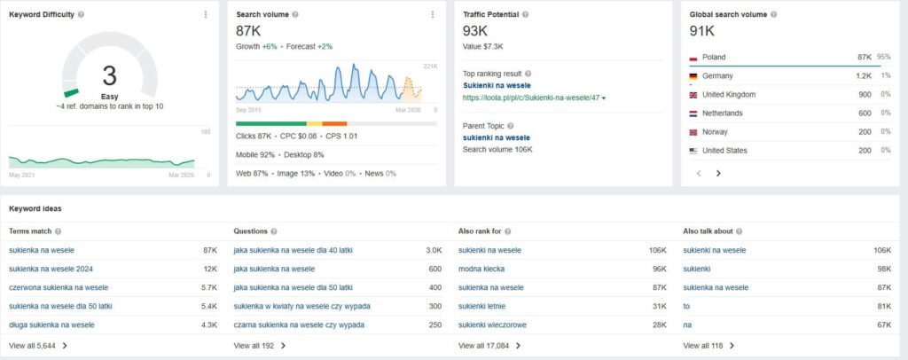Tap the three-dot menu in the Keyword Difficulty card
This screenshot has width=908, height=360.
206,14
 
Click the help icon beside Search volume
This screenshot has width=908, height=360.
295,15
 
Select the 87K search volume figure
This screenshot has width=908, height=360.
248,31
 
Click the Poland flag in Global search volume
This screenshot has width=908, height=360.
693,57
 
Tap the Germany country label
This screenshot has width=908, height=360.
717,75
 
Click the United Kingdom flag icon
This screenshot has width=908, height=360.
693,94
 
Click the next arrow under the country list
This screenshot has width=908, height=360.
718,174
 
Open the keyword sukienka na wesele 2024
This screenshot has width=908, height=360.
51,269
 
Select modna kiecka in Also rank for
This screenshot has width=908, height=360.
481,269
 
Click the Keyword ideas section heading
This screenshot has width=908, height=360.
35,208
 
